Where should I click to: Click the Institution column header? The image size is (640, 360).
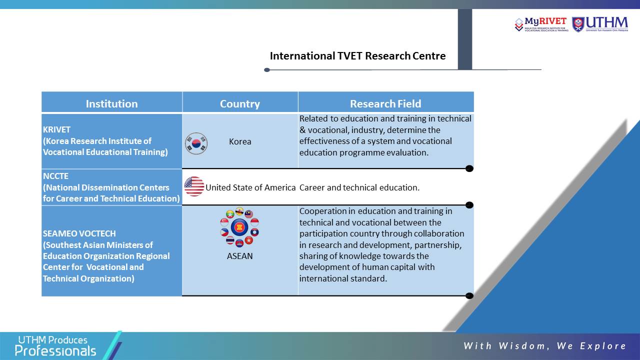point(111,103)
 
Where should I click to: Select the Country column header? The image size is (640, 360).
point(240,103)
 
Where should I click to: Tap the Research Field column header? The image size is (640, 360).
point(385,103)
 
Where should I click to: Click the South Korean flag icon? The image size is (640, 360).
point(196,143)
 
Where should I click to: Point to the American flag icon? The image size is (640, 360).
point(194,186)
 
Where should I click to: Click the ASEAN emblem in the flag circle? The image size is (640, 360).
point(239,227)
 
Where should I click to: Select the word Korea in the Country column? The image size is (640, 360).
point(240,141)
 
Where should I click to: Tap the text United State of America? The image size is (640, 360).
point(250,187)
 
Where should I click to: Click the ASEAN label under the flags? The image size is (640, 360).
point(239,256)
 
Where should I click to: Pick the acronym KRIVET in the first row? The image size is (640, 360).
point(56,129)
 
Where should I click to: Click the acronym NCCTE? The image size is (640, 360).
point(55,176)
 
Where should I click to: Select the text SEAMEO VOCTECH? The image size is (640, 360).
point(79,233)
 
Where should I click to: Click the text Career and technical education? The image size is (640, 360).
point(359,187)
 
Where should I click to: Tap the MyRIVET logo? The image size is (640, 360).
point(541,24)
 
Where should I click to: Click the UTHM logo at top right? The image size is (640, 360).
point(600,24)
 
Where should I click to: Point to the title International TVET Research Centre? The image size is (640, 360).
point(357,56)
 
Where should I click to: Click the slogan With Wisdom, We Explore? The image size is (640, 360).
point(545,346)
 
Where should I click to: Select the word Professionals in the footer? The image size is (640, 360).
point(55,351)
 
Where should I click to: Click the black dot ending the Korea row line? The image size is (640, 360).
point(469,168)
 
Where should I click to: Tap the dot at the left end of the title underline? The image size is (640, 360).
point(267,70)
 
